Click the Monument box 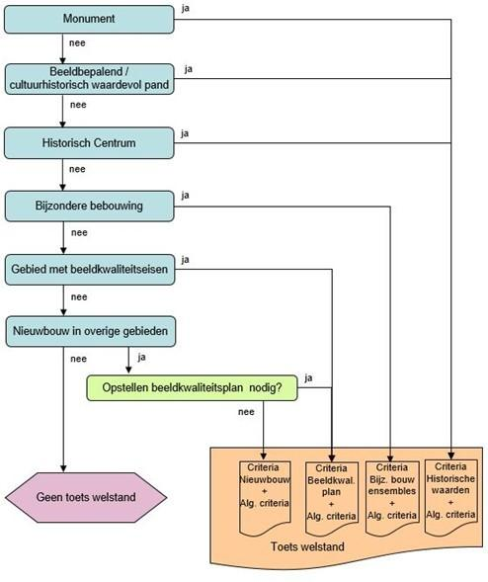pos(89,20)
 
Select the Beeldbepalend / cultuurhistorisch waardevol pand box pos(89,79)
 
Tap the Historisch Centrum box pos(89,143)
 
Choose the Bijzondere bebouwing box pos(90,206)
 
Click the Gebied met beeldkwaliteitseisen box pos(90,270)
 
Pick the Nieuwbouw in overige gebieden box pos(91,331)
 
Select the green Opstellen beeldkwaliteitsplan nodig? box pos(192,388)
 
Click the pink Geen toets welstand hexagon pos(86,497)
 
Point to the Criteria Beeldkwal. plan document pos(331,498)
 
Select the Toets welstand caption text pos(307,546)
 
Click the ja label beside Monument pos(185,8)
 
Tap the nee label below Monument pos(77,43)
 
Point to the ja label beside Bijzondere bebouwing pos(185,196)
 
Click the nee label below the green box pos(246,412)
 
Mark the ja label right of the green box pos(308,378)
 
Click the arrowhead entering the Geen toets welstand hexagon pos(63,468)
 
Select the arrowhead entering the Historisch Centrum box pos(62,124)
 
